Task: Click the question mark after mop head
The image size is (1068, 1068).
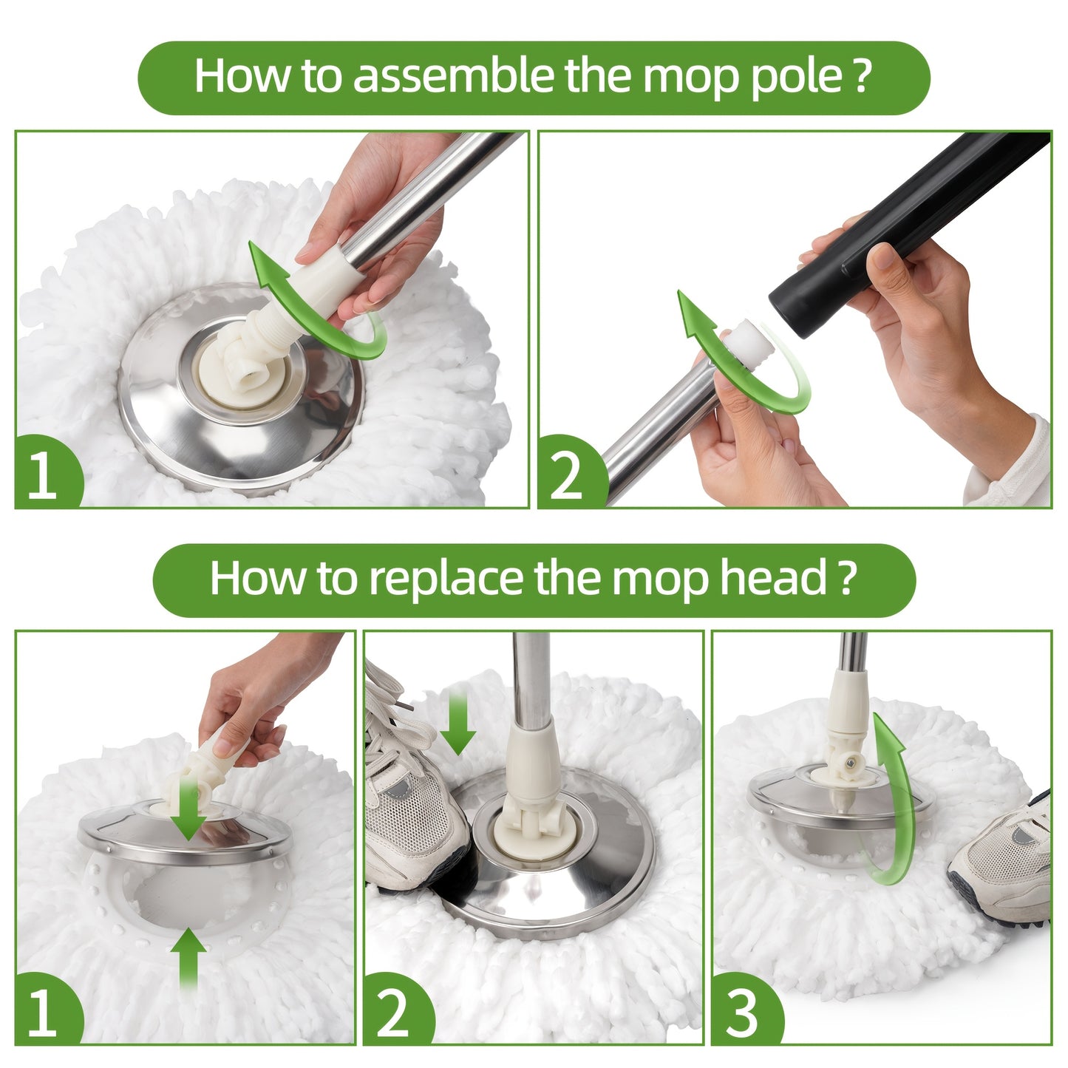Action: pos(848,579)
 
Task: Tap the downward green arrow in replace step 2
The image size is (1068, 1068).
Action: pos(458,721)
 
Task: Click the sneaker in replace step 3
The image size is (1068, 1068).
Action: pos(1005,857)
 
